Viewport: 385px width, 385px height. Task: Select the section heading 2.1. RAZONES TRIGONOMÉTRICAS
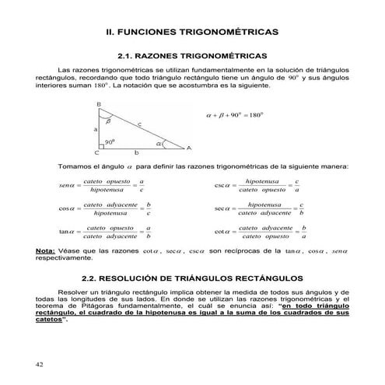click(192, 57)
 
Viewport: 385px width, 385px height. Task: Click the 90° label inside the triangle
click(110, 142)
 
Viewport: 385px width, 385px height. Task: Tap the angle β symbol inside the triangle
click(108, 121)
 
